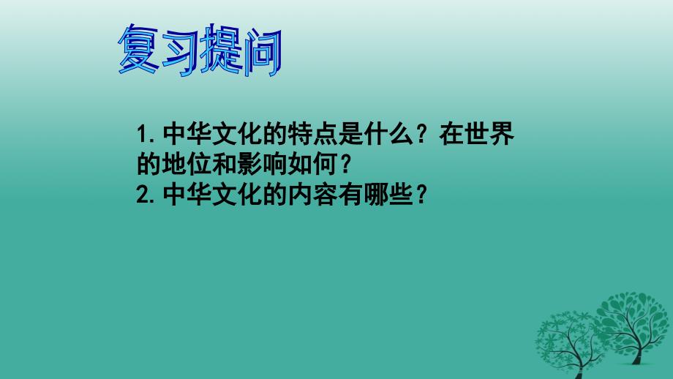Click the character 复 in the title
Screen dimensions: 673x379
(x=138, y=49)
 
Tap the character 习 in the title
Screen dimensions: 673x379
(x=179, y=51)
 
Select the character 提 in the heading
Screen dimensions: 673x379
(x=221, y=49)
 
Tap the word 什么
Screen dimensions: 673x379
(x=388, y=134)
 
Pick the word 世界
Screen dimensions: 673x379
(x=489, y=134)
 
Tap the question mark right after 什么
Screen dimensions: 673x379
(x=422, y=135)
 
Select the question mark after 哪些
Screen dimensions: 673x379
(x=422, y=195)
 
